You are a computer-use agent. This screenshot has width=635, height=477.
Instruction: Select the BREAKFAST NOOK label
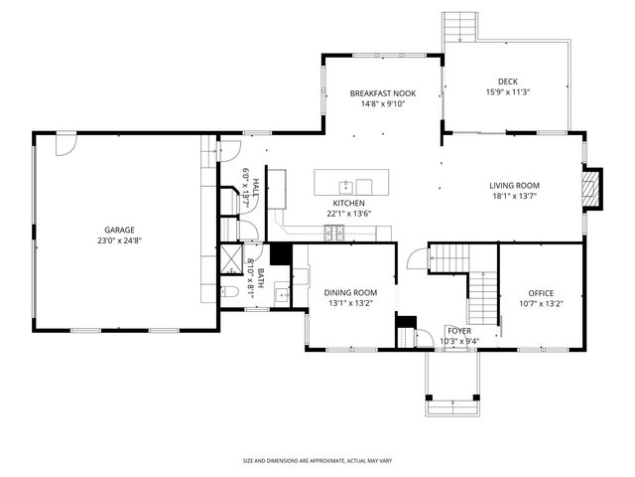pyautogui.click(x=382, y=93)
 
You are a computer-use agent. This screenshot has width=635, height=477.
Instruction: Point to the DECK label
pyautogui.click(x=508, y=81)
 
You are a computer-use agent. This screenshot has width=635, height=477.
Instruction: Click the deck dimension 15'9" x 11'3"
pyautogui.click(x=508, y=92)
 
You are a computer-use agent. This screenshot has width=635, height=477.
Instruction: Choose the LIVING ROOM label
pyautogui.click(x=514, y=185)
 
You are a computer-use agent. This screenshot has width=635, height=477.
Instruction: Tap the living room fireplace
pyautogui.click(x=592, y=189)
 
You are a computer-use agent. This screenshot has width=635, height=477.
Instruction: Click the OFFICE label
pyautogui.click(x=541, y=293)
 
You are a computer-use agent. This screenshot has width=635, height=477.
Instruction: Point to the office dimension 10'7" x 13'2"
pyautogui.click(x=541, y=304)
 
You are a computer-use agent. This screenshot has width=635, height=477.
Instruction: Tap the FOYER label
pyautogui.click(x=458, y=331)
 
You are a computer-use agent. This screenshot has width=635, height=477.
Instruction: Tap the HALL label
pyautogui.click(x=254, y=186)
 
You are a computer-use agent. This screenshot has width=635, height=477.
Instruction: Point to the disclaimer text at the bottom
pyautogui.click(x=317, y=461)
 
